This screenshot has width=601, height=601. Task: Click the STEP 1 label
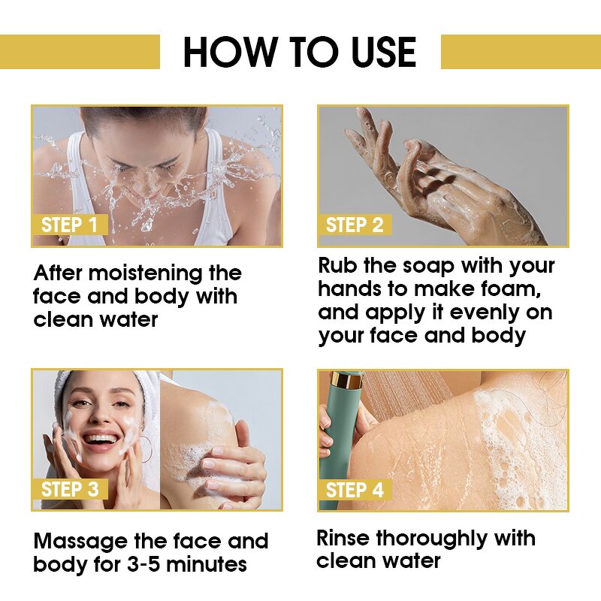pos(69,225)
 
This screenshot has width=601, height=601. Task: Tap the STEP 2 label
pos(355,225)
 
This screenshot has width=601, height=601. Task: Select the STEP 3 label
pos(70,490)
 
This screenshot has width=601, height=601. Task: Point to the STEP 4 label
pos(355,490)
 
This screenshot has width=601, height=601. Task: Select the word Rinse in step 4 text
pos(343,538)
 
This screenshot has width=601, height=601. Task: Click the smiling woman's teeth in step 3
pos(100,439)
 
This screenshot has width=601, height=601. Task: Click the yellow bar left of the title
pos(80,52)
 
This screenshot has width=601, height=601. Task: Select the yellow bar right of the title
pos(520,52)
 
